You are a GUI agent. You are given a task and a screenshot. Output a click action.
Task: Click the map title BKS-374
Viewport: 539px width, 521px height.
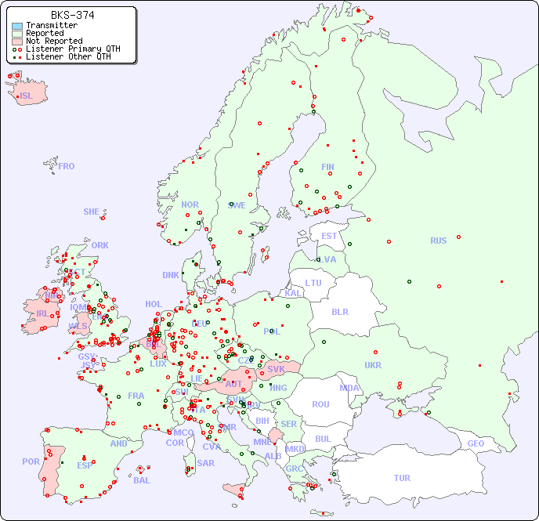[x=73, y=15]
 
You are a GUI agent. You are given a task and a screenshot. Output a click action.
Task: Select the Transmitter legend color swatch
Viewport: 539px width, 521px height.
[x=17, y=26]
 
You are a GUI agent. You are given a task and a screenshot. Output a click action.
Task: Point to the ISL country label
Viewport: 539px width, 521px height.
[x=27, y=96]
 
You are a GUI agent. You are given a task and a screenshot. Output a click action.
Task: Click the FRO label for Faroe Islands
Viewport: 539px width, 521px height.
[x=67, y=166]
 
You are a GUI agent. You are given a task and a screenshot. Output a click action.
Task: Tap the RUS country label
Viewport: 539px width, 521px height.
[x=438, y=241]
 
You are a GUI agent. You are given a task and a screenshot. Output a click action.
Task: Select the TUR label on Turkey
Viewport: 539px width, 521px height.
[x=402, y=478]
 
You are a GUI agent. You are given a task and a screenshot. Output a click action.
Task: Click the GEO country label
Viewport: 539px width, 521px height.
[x=476, y=443]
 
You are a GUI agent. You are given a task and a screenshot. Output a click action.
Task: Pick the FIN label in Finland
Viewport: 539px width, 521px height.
[x=327, y=167]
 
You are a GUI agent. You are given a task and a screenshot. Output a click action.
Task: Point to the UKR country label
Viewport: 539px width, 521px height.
[x=373, y=365]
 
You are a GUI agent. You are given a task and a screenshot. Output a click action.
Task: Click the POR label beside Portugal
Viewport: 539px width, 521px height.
[x=31, y=461]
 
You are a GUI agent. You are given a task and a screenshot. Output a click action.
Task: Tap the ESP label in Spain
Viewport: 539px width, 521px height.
[x=85, y=465]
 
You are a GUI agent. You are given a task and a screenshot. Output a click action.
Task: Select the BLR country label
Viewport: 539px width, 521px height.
[x=339, y=311]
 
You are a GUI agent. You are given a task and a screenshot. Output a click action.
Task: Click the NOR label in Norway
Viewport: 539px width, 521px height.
[x=190, y=204]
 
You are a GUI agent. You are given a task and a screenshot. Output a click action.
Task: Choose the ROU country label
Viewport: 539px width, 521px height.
[x=320, y=404]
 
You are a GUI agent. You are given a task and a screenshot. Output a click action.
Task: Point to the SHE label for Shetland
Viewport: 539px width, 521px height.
[x=91, y=212]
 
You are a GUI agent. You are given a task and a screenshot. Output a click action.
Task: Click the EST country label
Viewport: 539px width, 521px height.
[x=329, y=236]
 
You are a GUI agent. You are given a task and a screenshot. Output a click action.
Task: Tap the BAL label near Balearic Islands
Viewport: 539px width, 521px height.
[x=142, y=480]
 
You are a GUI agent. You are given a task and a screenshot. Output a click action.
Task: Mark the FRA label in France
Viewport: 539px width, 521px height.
[x=136, y=396]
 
